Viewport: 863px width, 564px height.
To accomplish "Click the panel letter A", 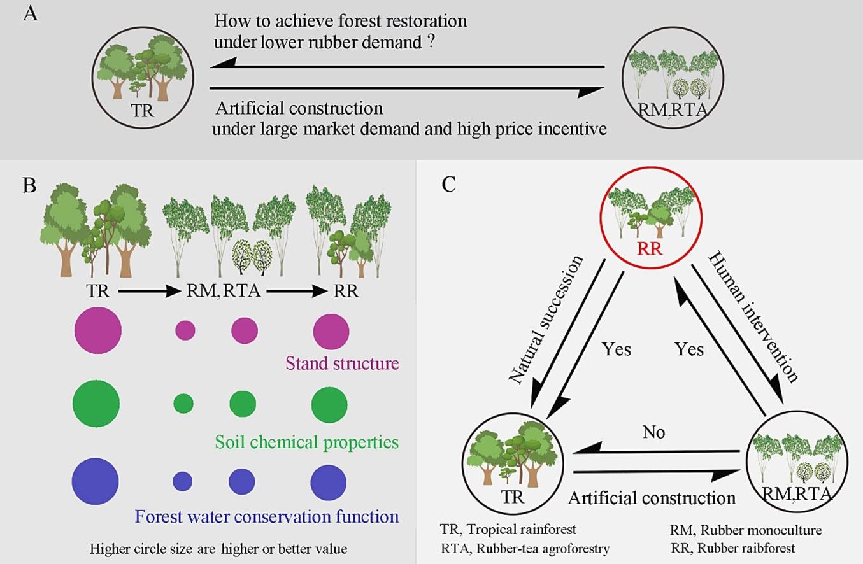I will point(31,13).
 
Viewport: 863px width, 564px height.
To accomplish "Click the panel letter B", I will point(31,187).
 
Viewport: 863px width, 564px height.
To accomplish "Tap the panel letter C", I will point(449,185).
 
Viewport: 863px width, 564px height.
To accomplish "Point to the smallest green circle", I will point(183,403).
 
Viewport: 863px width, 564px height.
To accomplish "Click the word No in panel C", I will point(653,432).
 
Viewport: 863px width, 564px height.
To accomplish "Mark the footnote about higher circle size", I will point(218,549).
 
